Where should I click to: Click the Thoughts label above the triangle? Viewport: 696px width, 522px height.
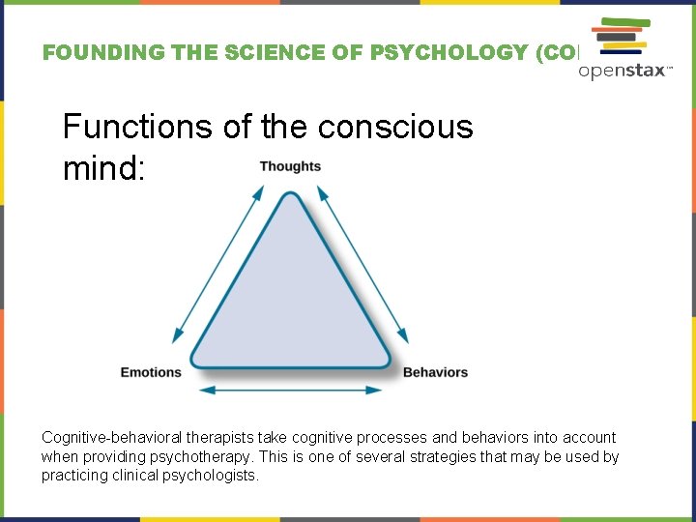click(x=290, y=166)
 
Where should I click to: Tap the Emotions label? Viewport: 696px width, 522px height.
click(x=151, y=372)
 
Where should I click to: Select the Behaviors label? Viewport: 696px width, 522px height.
click(x=435, y=372)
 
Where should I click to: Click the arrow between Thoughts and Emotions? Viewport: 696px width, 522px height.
click(x=218, y=263)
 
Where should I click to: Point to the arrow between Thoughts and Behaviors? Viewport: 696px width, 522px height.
click(x=362, y=263)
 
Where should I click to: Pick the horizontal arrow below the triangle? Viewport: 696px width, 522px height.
click(x=291, y=390)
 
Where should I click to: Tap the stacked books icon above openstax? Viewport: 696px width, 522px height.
click(x=620, y=36)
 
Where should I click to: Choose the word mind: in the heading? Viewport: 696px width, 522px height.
click(x=103, y=169)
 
